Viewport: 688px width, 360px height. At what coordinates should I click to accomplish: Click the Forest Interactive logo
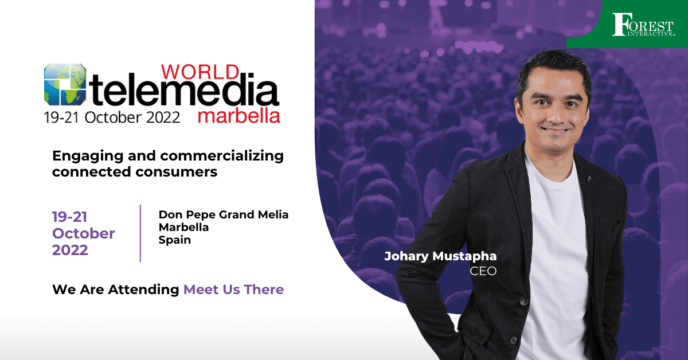point(643,25)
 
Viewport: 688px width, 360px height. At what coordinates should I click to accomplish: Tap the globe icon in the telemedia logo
point(65,84)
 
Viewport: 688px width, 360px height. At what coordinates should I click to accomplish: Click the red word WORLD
point(200,72)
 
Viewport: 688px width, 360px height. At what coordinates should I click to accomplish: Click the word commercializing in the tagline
point(222,156)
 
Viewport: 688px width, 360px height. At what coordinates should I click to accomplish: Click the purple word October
point(83,233)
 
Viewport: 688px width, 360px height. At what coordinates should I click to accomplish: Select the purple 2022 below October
point(70,250)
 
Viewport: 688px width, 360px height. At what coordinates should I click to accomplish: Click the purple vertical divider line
point(140,233)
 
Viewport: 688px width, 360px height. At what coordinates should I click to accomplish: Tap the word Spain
point(174,240)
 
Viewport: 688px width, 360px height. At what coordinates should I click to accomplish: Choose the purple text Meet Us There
point(233,289)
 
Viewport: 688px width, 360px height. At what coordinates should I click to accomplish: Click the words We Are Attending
point(116,289)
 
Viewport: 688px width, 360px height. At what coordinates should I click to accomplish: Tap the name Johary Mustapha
point(440,256)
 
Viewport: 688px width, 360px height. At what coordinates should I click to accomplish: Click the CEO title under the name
point(483,271)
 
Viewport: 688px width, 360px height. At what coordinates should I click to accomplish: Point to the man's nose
point(557,114)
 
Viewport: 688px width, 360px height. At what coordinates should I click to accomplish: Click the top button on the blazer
point(524,302)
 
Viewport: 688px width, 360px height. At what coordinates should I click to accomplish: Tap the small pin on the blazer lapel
point(590,179)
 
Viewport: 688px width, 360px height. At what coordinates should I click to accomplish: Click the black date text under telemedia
point(112,118)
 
